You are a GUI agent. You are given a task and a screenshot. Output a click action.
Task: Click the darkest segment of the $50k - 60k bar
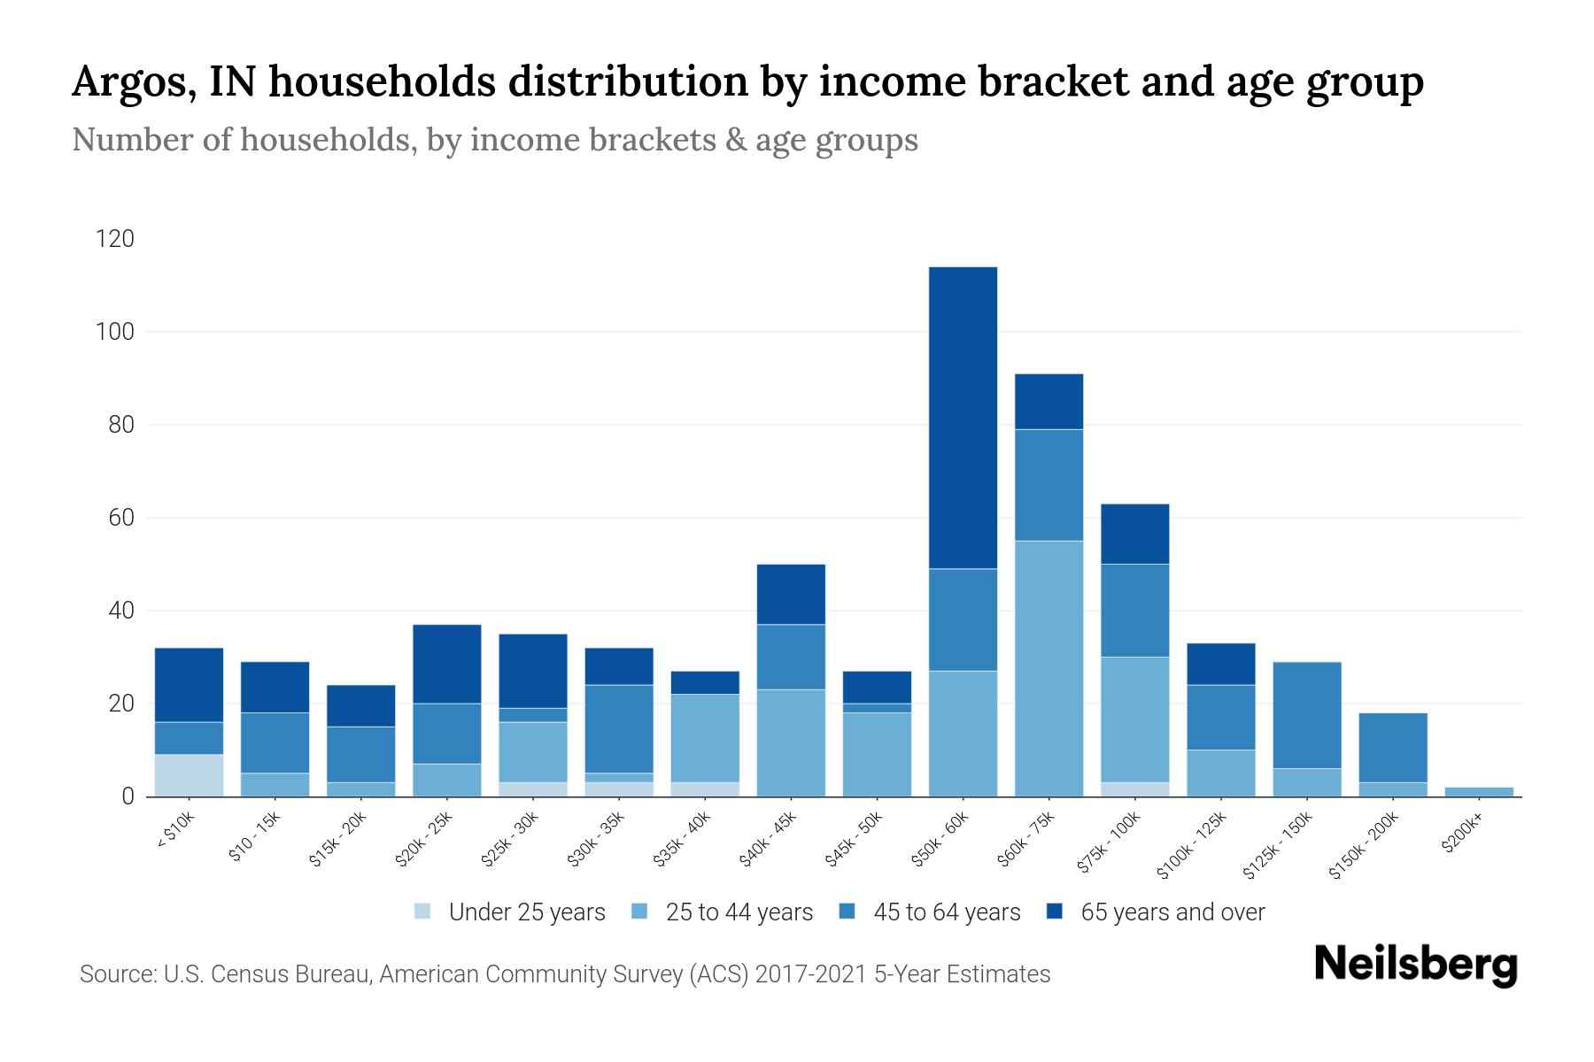coord(963,417)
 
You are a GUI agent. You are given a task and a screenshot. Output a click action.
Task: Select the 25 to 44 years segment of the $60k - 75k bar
coord(1048,668)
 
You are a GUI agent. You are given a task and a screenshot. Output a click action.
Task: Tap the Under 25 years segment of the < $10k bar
coord(189,775)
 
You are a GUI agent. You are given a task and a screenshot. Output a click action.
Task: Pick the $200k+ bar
coord(1479,791)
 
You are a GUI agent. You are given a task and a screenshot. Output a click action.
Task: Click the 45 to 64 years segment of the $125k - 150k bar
coord(1307,715)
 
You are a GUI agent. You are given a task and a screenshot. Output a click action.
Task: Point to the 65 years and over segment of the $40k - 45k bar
coord(791,594)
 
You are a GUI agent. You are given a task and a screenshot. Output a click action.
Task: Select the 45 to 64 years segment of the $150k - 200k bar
coord(1393,748)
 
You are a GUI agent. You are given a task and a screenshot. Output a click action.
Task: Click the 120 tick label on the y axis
coord(116,239)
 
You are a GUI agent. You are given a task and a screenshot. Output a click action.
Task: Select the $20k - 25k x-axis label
coord(424,839)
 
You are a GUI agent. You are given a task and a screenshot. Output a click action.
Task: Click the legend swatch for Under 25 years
coord(423,912)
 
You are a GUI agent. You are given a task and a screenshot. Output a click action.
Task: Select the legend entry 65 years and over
coord(1172,912)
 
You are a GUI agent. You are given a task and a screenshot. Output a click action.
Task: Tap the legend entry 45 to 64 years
coord(946,912)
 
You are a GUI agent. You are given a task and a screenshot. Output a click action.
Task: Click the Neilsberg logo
coord(1415,965)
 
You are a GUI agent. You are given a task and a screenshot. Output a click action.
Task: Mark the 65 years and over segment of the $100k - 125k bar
coord(1220,664)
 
